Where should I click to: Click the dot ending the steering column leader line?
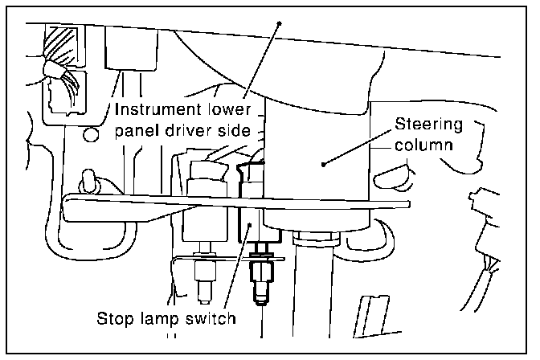[322, 164]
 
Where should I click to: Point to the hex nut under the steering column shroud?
[317, 236]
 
